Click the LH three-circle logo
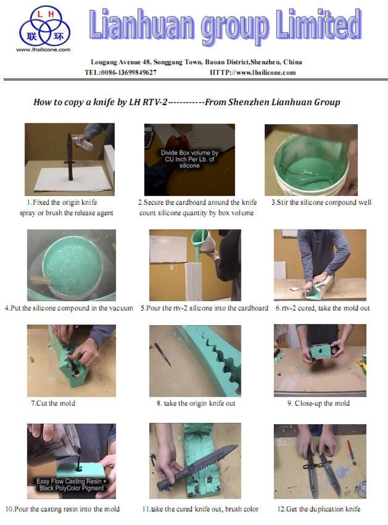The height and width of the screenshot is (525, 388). pyautogui.click(x=45, y=26)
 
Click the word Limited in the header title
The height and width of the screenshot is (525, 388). pyautogui.click(x=319, y=25)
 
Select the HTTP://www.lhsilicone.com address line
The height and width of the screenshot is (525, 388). pyautogui.click(x=253, y=72)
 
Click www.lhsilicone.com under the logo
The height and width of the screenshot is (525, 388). pyautogui.click(x=44, y=50)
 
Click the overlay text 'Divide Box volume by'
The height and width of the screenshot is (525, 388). pyautogui.click(x=189, y=153)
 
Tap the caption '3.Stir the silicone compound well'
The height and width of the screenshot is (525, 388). pyautogui.click(x=321, y=202)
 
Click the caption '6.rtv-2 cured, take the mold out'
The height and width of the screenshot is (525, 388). pyautogui.click(x=322, y=308)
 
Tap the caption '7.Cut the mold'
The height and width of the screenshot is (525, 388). pyautogui.click(x=53, y=403)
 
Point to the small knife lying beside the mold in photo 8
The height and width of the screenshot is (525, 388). pyautogui.click(x=163, y=354)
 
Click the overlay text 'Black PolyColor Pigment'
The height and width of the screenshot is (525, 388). pyautogui.click(x=71, y=488)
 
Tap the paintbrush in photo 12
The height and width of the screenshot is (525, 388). pyautogui.click(x=351, y=453)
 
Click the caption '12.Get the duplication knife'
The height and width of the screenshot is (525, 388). pyautogui.click(x=319, y=509)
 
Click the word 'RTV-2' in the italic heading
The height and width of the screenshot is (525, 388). pyautogui.click(x=154, y=102)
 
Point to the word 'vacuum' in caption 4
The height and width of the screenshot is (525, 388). pyautogui.click(x=121, y=308)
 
